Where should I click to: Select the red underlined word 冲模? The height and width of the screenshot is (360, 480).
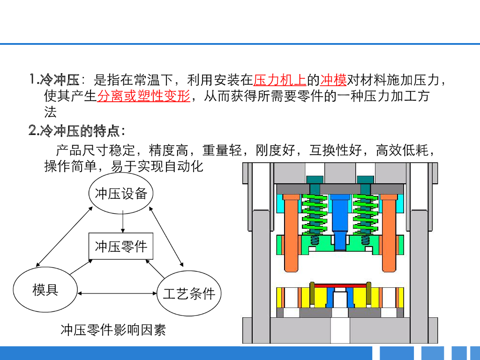tap(333, 80)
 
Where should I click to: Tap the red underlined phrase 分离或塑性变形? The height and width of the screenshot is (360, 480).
tap(143, 96)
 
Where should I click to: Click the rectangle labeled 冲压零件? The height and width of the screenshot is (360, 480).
tap(121, 247)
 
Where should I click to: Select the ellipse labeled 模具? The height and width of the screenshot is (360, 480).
tap(45, 290)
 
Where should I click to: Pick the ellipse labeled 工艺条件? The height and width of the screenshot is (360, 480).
tap(188, 294)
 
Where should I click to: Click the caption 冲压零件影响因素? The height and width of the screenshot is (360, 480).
tap(113, 330)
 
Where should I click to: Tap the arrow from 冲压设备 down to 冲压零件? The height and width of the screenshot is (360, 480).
tap(122, 221)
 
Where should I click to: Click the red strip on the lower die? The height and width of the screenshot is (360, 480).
tap(340, 285)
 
